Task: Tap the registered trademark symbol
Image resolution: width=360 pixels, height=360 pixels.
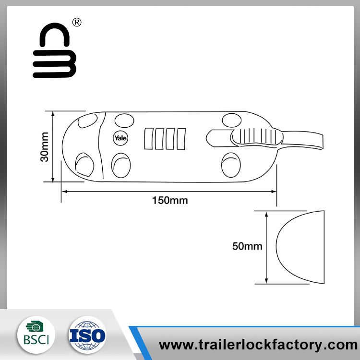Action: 76,23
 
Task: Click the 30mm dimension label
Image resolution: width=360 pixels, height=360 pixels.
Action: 45,146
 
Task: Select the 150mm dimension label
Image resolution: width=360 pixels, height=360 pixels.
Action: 170,201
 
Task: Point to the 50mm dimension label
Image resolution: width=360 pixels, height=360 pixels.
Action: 247,247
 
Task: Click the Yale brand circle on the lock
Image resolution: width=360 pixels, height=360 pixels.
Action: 120,137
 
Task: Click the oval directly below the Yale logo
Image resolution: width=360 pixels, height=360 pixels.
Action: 120,165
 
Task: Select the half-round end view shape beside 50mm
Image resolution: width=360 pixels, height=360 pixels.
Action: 300,247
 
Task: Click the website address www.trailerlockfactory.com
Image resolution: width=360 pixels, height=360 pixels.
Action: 258,345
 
